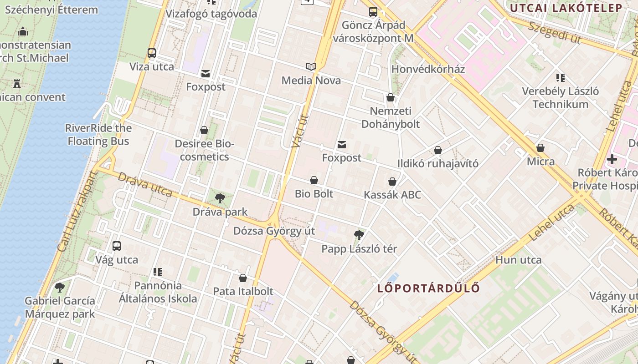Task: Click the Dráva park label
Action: [220, 212]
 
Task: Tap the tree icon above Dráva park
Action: [220, 198]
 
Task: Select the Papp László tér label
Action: [359, 249]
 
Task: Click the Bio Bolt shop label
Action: [314, 194]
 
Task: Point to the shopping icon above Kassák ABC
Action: [392, 182]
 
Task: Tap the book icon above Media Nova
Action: [311, 67]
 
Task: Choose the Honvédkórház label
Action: [428, 69]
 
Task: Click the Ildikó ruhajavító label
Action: [438, 163]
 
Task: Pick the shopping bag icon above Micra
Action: [540, 148]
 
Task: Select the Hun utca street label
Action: [518, 260]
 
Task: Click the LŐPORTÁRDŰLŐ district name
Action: [428, 288]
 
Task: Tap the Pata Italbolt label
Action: [243, 291]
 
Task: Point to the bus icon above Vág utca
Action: [117, 246]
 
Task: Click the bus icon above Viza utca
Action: [152, 53]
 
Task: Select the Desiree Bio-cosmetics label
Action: [204, 151]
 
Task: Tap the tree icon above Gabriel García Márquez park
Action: [60, 288]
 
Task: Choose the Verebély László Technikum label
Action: [561, 98]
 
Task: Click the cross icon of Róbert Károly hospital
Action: [612, 159]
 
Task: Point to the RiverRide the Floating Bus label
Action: [98, 135]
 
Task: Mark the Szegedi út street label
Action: [555, 32]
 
